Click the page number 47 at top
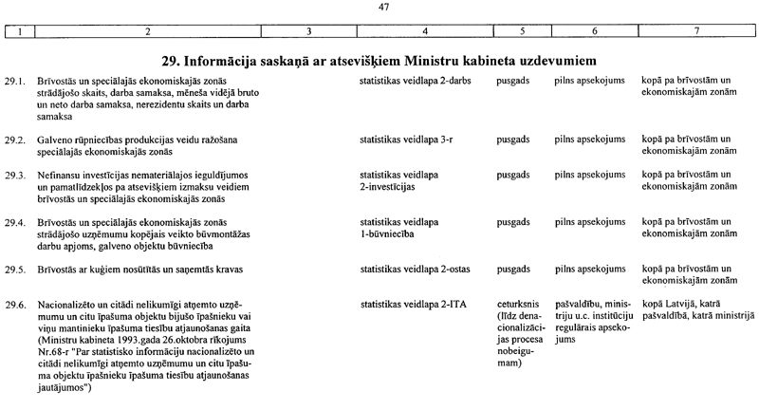(383, 9)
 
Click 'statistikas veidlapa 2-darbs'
(417, 80)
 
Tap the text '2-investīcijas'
(389, 187)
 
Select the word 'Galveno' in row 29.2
(56, 140)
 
